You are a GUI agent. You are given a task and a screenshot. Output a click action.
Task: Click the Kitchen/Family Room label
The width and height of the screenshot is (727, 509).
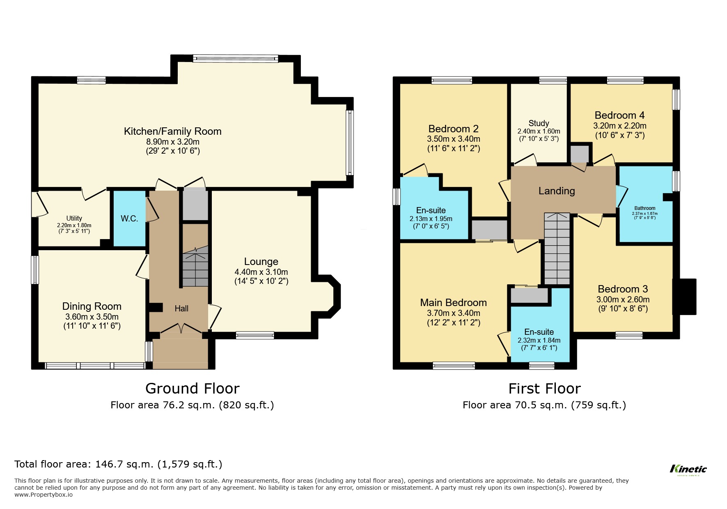click(172, 131)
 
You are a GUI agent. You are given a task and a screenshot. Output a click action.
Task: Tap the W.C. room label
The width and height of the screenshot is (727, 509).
click(129, 219)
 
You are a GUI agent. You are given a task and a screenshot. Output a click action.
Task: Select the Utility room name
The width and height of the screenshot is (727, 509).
click(74, 218)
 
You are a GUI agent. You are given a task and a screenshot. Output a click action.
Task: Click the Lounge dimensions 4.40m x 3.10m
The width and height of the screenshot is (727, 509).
click(261, 272)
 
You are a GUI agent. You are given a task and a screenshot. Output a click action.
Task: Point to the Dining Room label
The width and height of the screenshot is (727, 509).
click(92, 306)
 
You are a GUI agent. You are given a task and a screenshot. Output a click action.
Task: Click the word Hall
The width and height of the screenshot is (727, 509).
click(181, 309)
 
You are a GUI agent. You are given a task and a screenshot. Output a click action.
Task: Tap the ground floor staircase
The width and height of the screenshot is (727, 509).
click(195, 267)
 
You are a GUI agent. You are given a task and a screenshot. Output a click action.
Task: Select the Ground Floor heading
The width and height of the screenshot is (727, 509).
click(192, 389)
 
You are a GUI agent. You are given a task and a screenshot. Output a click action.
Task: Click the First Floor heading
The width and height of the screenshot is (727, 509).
click(544, 389)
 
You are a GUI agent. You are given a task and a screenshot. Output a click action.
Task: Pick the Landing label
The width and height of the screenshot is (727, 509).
click(556, 191)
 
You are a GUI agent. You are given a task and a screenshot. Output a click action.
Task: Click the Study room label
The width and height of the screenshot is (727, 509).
click(539, 123)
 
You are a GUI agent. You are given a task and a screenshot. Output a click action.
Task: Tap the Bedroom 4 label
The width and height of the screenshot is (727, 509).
click(619, 115)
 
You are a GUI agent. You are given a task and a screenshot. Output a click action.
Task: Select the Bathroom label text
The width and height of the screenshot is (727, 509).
click(644, 208)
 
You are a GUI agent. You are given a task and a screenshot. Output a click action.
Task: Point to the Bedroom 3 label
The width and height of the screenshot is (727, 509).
click(622, 289)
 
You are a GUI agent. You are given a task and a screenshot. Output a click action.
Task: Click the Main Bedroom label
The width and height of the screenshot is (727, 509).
click(453, 303)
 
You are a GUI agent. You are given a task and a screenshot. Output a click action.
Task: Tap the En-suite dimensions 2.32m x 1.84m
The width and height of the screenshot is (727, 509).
click(539, 340)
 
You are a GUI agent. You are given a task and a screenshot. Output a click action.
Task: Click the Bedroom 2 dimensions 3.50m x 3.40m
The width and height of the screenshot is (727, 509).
click(453, 139)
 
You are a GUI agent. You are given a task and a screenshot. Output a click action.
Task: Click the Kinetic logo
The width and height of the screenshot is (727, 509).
click(688, 469)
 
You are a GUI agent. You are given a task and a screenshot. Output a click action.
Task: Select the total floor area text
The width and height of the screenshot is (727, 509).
click(118, 464)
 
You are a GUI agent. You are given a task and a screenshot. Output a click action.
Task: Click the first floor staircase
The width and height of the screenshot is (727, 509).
click(557, 249)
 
